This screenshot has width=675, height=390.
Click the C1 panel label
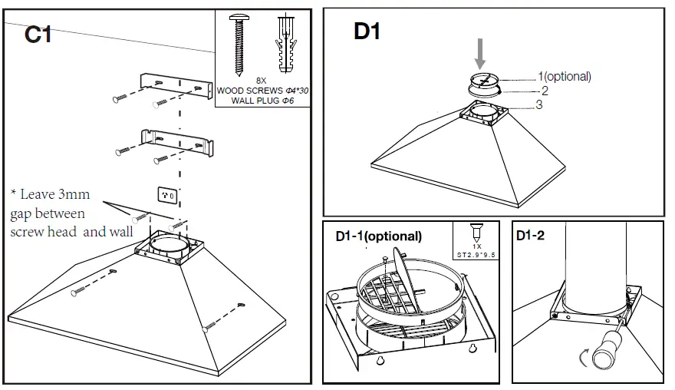pyautogui.click(x=38, y=34)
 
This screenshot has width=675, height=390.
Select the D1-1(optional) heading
pyautogui.click(x=378, y=236)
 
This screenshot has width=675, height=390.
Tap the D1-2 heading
pyautogui.click(x=530, y=236)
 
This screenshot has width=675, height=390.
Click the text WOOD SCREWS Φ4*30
pyautogui.click(x=262, y=91)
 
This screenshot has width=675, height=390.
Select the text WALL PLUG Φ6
pyautogui.click(x=262, y=100)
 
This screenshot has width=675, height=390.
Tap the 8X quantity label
pyautogui.click(x=262, y=81)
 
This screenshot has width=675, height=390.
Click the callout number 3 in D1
pyautogui.click(x=539, y=104)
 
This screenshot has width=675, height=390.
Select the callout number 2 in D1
pyautogui.click(x=544, y=90)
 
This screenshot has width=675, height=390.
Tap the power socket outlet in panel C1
pyautogui.click(x=168, y=196)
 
